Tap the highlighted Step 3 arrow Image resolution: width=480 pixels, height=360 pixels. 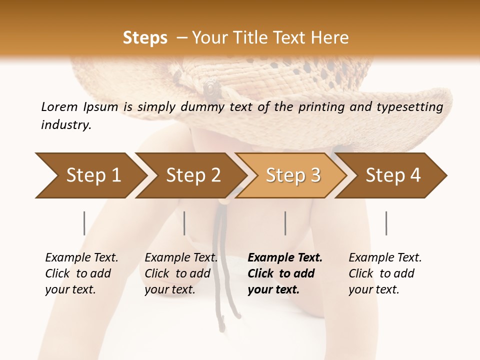292,175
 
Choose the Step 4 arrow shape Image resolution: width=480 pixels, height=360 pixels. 392,175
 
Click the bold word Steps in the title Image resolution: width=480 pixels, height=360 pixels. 145,38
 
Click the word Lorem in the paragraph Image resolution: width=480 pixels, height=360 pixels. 59,106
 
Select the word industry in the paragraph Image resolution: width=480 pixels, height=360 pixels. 65,125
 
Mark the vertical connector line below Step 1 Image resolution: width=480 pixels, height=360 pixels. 84,223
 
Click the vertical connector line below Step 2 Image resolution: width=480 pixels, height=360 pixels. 184,223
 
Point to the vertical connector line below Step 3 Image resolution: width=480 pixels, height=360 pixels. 285,223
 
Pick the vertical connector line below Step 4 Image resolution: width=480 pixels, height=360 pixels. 386,223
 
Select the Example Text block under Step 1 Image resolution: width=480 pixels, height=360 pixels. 81,273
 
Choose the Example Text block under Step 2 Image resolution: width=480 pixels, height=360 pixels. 180,273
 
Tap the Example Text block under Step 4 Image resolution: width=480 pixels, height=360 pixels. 384,273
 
